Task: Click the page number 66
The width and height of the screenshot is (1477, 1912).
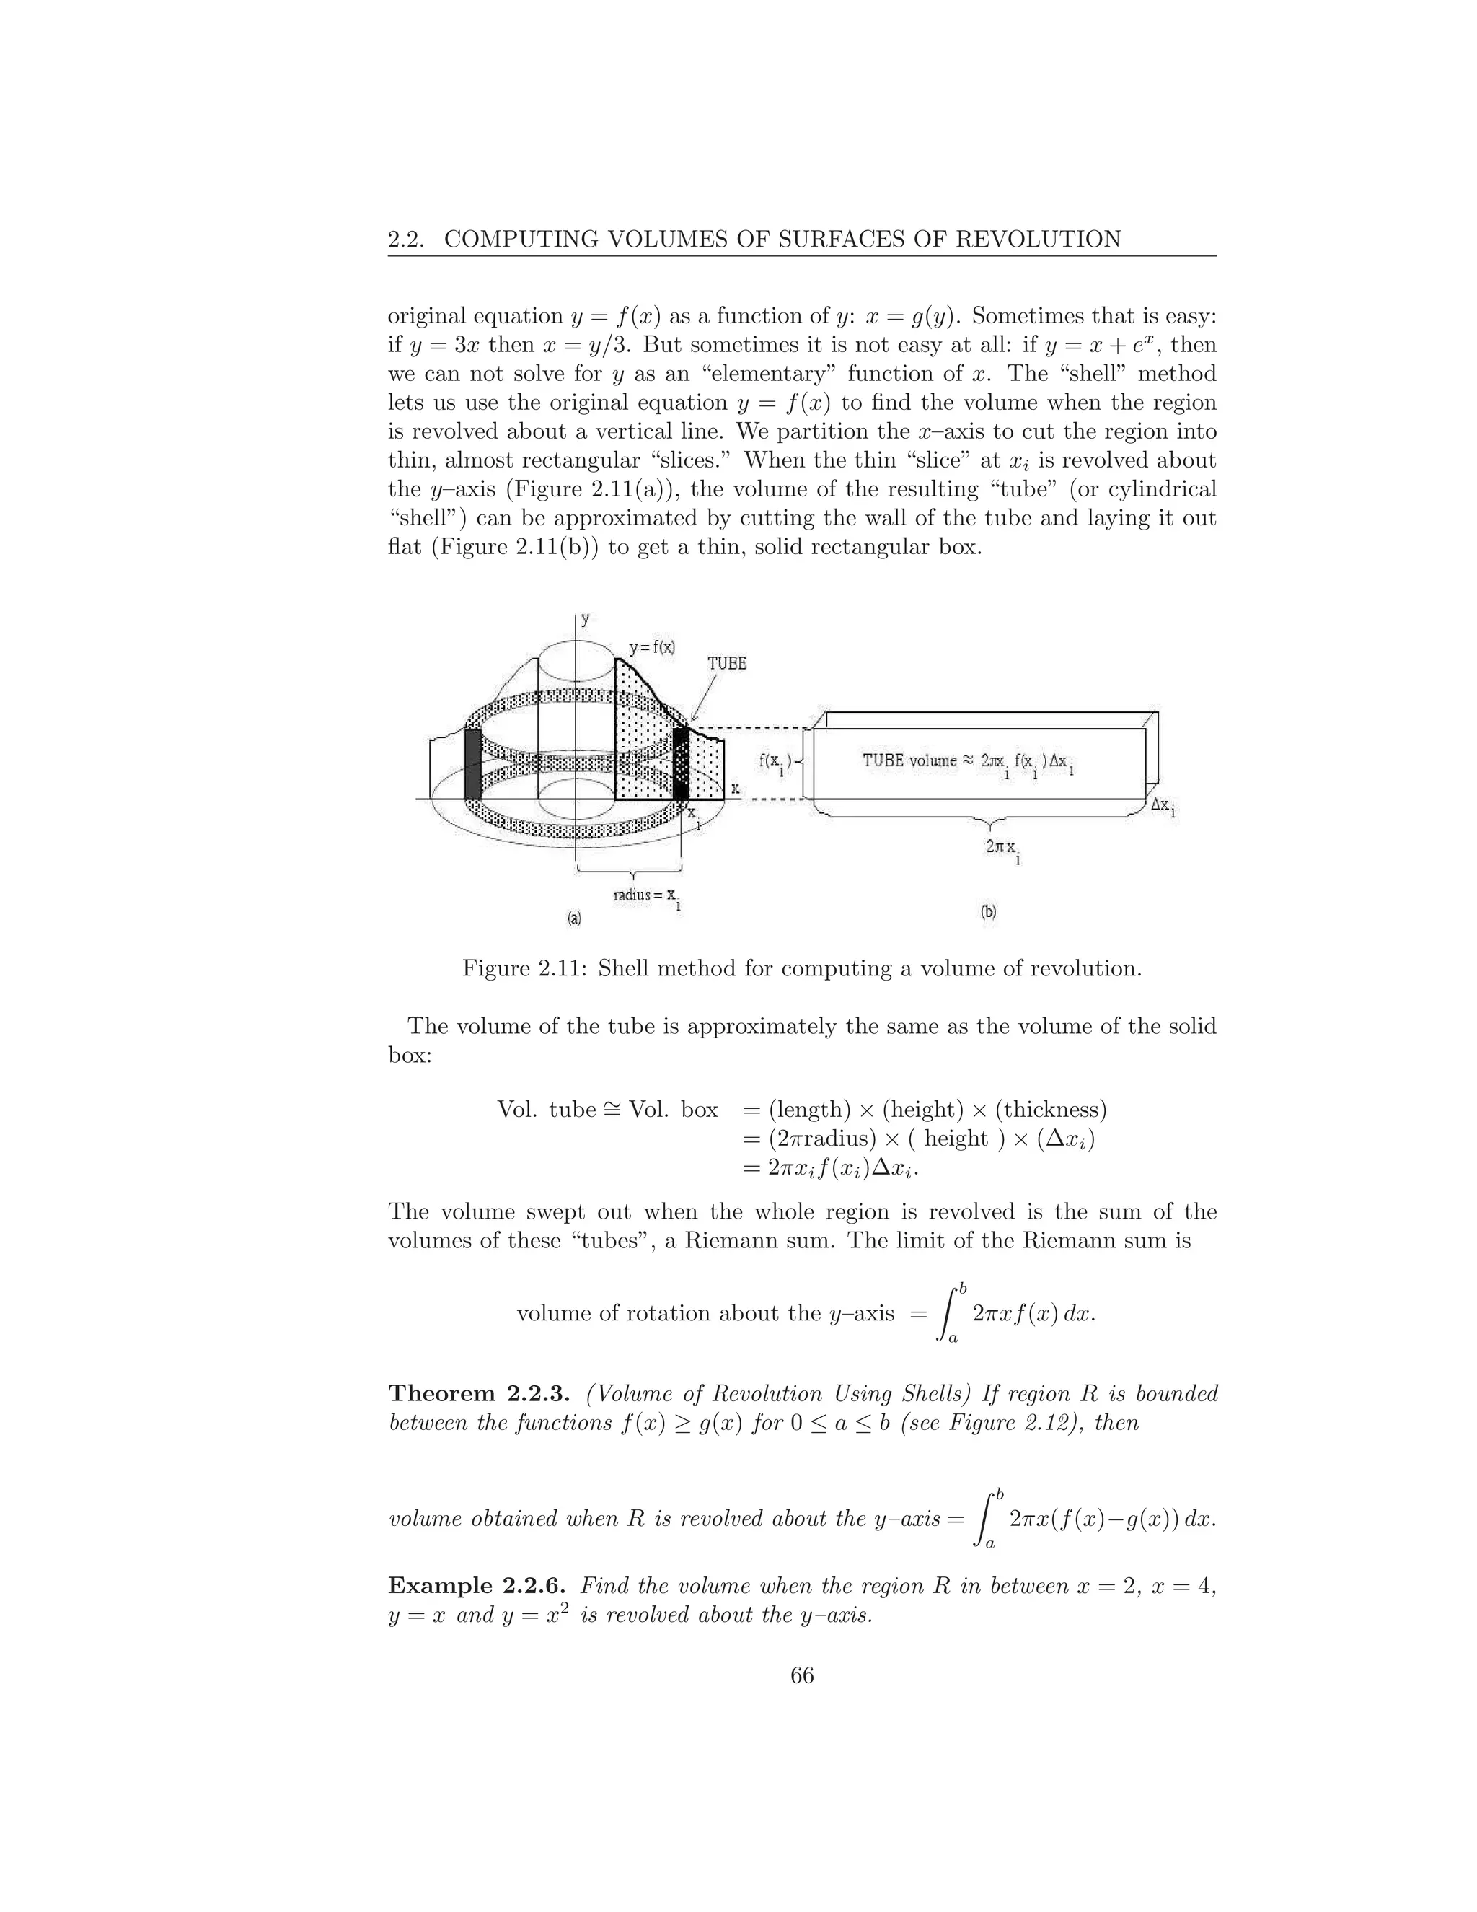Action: coord(801,1675)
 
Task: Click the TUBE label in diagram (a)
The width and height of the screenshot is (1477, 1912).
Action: coord(726,664)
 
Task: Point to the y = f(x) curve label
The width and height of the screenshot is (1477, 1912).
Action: coord(652,648)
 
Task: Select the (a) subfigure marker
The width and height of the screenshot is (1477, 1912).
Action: coord(574,918)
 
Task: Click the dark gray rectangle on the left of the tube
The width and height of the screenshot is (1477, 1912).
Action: coord(472,763)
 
